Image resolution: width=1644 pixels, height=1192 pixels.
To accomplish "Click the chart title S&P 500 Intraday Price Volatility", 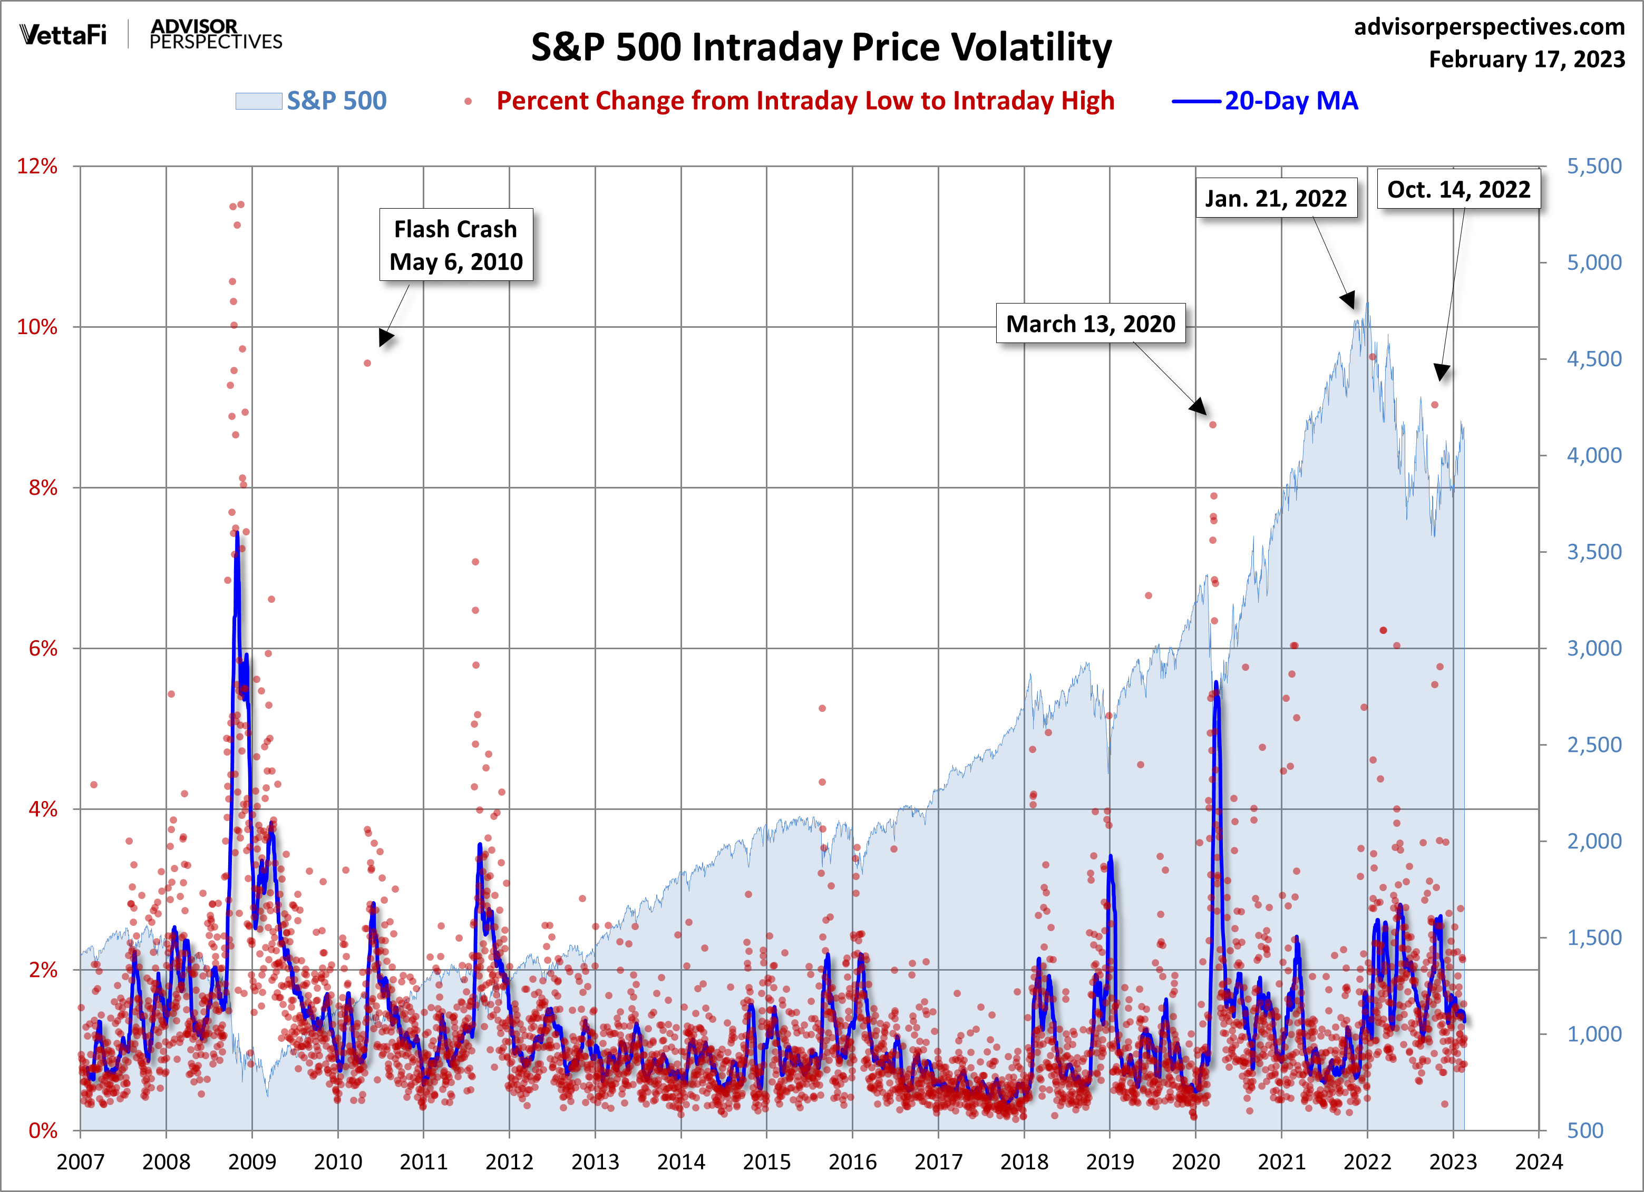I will point(821,48).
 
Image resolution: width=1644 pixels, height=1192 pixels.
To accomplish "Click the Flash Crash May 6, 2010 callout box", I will point(456,245).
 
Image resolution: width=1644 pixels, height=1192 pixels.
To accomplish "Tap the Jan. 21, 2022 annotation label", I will point(1276,198).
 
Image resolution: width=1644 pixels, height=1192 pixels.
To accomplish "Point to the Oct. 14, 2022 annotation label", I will point(1458,189).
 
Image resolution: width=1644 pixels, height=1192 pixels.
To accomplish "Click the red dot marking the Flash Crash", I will point(367,363).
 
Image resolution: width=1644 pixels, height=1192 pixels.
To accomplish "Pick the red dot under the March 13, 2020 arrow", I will point(1213,425).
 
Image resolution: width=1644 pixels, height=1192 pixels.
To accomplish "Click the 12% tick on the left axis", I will point(37,166).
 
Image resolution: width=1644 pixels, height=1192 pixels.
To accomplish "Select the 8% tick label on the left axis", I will point(42,487).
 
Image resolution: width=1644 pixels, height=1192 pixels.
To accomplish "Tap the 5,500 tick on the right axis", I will point(1594,166).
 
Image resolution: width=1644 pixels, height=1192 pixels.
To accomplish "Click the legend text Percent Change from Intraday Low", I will point(804,101).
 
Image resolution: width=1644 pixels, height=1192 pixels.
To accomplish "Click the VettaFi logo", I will point(64,35).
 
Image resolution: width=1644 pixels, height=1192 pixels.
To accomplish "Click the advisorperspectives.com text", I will point(1489,27).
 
